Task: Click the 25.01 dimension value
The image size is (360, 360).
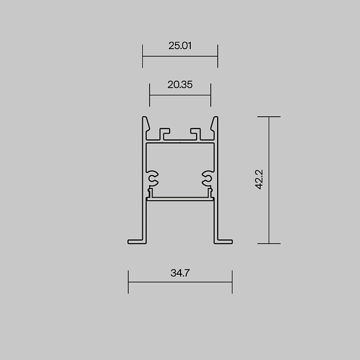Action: (x=179, y=46)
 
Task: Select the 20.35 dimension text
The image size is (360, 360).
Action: (x=180, y=85)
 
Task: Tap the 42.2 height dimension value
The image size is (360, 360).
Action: (x=259, y=180)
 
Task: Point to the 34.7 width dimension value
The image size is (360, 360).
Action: (x=179, y=273)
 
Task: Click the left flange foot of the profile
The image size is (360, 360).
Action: (x=136, y=241)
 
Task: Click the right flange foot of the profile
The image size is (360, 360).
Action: (x=224, y=241)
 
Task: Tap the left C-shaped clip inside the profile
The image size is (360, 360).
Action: (x=153, y=179)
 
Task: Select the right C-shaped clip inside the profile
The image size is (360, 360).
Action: (x=207, y=179)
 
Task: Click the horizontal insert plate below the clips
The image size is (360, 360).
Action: (x=180, y=198)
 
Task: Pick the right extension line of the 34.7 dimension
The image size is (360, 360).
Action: (x=232, y=282)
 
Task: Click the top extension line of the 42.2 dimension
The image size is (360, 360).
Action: (x=269, y=117)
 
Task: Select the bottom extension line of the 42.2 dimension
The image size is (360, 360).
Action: (x=269, y=243)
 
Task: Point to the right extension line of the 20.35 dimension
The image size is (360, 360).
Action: (x=211, y=95)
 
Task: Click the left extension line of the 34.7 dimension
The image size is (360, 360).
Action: (x=128, y=282)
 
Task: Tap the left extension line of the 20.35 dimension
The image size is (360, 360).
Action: (x=150, y=95)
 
